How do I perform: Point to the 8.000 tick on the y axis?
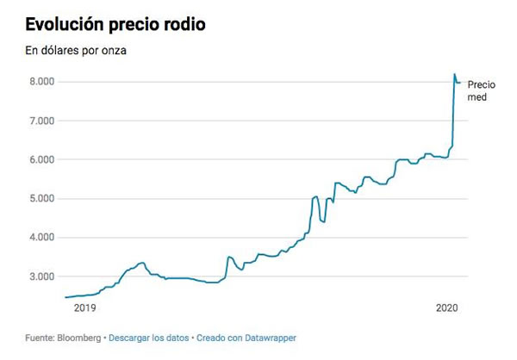click(41, 82)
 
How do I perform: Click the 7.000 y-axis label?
click(41, 121)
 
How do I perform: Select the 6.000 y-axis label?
click(41, 160)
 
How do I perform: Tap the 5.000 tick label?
click(41, 199)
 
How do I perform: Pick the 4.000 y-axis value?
click(41, 238)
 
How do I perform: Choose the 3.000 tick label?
click(41, 276)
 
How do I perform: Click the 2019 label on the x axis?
click(84, 307)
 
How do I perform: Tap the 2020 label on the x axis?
click(447, 307)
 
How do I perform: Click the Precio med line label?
click(481, 90)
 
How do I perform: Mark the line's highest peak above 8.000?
click(455, 75)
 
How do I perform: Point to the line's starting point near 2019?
click(65, 297)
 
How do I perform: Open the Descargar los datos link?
click(149, 338)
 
